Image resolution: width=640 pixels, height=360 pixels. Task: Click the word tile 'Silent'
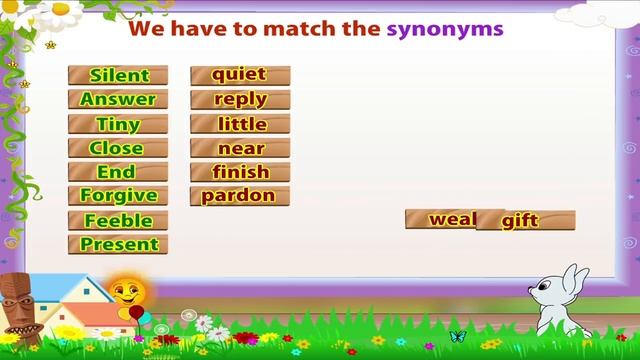[x=118, y=75]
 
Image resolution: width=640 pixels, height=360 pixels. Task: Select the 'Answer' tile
[x=118, y=99]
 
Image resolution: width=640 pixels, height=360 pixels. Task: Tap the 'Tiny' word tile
[x=118, y=124]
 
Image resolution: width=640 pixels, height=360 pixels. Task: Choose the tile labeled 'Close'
[x=118, y=148]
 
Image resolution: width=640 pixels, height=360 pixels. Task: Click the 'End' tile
[x=118, y=172]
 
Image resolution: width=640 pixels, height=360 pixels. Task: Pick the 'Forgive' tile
[x=118, y=195]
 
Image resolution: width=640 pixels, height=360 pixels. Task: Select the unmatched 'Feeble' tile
[x=118, y=220]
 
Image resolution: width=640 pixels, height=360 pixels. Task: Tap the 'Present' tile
[x=118, y=244]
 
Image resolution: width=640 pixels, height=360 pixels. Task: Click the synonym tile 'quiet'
[x=240, y=74]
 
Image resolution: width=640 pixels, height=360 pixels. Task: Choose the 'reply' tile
[x=240, y=99]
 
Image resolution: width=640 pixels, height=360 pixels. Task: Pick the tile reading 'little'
[x=240, y=124]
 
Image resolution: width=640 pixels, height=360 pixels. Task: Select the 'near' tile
[x=240, y=148]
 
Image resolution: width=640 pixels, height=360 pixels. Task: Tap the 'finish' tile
[x=240, y=172]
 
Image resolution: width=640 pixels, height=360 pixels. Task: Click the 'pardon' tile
[x=240, y=195]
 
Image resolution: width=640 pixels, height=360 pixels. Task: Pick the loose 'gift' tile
[x=526, y=221]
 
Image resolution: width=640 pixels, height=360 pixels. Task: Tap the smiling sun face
[x=126, y=293]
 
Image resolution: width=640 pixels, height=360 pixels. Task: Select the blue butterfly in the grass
[x=459, y=336]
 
